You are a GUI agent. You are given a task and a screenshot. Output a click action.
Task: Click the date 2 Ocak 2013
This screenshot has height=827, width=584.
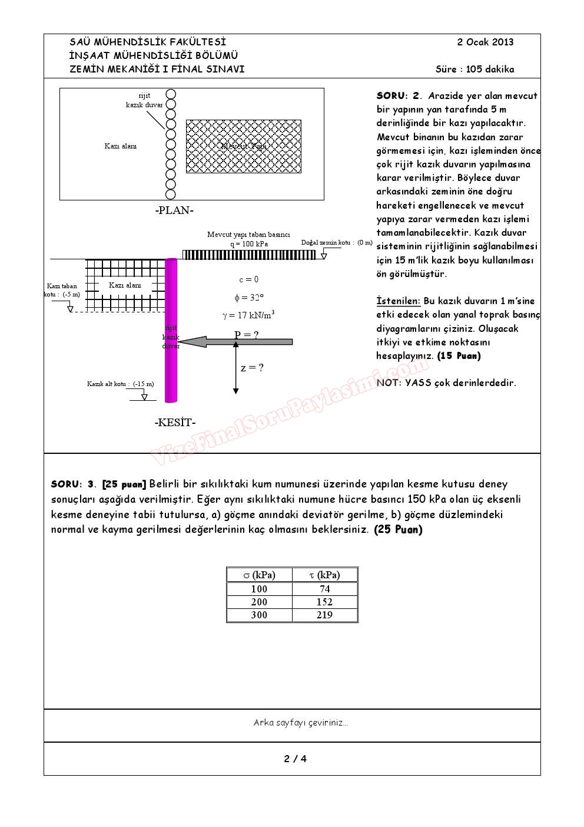tap(485, 42)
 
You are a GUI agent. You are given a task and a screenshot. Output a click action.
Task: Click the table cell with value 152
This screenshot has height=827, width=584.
tap(324, 602)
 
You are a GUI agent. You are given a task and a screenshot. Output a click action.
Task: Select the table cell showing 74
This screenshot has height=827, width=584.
tap(324, 589)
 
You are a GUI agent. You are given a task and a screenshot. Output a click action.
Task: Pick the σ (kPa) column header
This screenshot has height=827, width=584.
tap(259, 575)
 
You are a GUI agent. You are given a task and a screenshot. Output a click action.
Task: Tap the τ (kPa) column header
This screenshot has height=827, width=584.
tap(324, 575)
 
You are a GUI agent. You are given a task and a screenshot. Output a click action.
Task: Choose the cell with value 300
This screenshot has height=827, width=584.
tap(259, 615)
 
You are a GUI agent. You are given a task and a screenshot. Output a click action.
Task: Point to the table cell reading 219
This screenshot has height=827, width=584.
tap(324, 615)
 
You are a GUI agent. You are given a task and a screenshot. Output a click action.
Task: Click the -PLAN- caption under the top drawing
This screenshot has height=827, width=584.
tap(174, 210)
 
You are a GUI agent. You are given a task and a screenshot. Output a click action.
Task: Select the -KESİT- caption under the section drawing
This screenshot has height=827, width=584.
tap(175, 422)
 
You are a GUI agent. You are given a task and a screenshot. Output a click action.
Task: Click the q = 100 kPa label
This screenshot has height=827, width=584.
tap(249, 243)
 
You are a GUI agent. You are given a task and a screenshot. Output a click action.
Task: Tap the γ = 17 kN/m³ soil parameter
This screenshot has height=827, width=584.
tap(248, 315)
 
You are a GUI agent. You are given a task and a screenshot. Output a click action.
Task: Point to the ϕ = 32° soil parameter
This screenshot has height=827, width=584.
tap(248, 298)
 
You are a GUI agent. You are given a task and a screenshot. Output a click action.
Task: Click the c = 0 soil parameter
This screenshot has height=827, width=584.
tap(248, 279)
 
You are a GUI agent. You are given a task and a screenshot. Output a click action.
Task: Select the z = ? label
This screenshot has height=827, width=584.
tap(252, 368)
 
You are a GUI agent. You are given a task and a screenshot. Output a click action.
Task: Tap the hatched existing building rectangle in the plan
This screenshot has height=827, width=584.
tap(243, 146)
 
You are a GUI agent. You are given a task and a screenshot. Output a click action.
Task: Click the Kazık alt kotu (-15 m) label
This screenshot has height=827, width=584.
tap(120, 384)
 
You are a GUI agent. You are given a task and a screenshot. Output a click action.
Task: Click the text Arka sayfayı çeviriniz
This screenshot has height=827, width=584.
tap(300, 723)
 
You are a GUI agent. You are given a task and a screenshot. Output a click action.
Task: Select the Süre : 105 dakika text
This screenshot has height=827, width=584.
tap(474, 69)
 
